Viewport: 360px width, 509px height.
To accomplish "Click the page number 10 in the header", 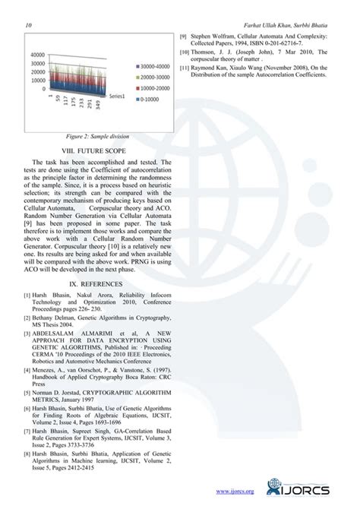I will pos(29,26).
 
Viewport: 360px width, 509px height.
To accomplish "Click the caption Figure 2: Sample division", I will pos(96,136).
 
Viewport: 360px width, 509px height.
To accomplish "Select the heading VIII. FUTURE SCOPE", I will pos(96,151).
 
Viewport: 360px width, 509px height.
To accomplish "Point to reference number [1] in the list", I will pos(27,295).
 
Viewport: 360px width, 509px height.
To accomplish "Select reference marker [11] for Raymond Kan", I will pos(185,68).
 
